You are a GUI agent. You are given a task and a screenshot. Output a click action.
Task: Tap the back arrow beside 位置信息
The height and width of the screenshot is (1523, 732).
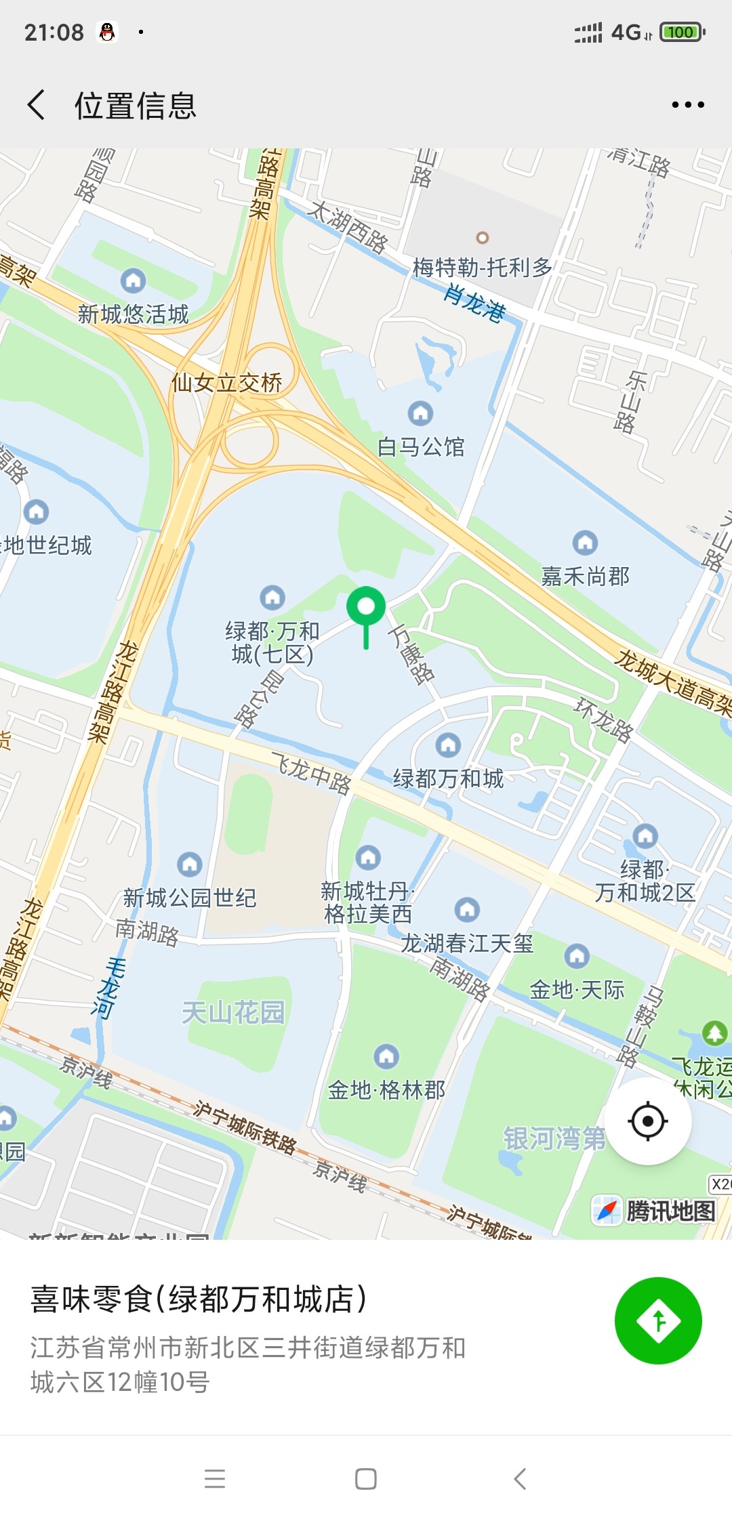coord(37,105)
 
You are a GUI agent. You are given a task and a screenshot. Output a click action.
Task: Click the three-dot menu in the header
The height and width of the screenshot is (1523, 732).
coord(687,105)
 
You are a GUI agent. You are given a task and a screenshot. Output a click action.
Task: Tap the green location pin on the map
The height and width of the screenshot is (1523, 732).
coord(366,608)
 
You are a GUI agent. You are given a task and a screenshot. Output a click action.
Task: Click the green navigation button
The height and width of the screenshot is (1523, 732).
coord(657,1320)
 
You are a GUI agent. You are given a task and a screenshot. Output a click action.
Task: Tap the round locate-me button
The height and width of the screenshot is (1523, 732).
coord(648,1121)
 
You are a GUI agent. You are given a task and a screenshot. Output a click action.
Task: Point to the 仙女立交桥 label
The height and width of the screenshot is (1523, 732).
coord(226,383)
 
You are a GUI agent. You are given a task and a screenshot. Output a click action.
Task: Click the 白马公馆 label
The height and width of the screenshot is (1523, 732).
coord(421,447)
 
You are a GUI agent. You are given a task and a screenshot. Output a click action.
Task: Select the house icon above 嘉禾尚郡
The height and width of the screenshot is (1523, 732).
coord(585,543)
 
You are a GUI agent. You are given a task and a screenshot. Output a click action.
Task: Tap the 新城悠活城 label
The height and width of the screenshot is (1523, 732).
coord(133,314)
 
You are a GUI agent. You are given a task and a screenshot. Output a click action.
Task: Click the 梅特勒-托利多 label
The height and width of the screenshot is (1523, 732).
coord(483,268)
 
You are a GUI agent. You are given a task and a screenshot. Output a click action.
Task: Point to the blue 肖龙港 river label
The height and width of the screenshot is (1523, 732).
coord(475,303)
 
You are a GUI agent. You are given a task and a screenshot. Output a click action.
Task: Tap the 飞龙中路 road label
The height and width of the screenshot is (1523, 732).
coord(312,773)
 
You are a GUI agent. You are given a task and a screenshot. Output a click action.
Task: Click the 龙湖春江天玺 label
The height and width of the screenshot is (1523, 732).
coord(467,943)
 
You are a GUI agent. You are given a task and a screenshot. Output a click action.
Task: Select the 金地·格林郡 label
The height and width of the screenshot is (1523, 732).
coord(386,1090)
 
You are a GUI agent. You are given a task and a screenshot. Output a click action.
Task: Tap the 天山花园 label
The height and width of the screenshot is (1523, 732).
coord(233,1013)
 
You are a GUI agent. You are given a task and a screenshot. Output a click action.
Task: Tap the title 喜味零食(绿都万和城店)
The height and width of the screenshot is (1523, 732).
coord(199,1299)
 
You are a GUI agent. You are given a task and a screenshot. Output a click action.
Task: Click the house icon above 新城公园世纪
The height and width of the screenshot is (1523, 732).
coord(189,864)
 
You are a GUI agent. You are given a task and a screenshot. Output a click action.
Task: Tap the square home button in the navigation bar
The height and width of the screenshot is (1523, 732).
coord(366,1479)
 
